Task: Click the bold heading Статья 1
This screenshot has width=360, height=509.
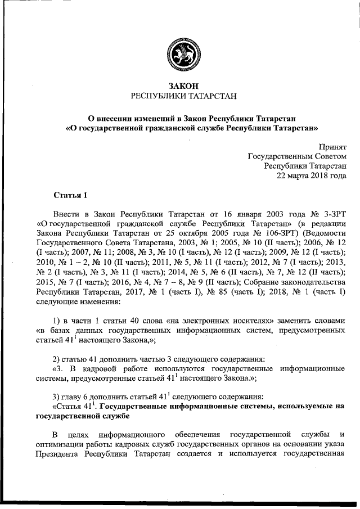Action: pyautogui.click(x=70, y=196)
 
